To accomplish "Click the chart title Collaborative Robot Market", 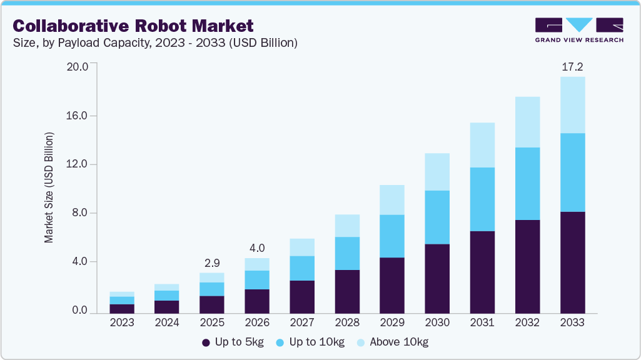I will [x=133, y=26].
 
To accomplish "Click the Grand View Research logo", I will [x=578, y=30].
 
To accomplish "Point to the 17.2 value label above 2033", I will [x=572, y=66].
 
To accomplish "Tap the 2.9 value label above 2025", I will [x=212, y=262].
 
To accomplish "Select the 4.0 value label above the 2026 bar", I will [x=257, y=247].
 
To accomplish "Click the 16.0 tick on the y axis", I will [x=78, y=116].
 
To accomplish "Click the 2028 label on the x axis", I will [x=347, y=323].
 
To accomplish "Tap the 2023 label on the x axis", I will [x=122, y=323].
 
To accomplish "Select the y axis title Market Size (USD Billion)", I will [x=49, y=187].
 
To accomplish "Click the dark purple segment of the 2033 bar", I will [x=572, y=262].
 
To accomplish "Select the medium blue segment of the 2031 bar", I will [x=482, y=199].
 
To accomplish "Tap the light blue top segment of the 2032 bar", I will [x=527, y=122].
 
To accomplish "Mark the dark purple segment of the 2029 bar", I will [x=392, y=285].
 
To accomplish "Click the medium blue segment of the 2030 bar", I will [x=437, y=217].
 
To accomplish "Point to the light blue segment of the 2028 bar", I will [x=347, y=226].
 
